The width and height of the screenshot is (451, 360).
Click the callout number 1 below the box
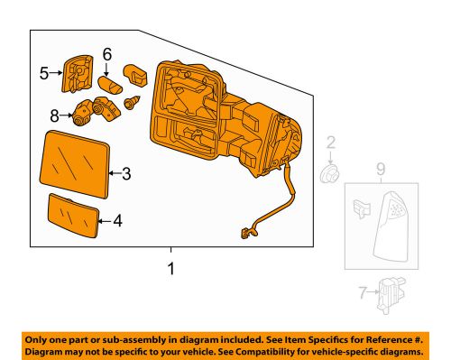coord(170,268)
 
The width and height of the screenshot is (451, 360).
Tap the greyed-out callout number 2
coord(331,143)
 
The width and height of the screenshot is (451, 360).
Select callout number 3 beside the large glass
coord(126,173)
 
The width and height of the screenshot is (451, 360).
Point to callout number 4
coord(118,221)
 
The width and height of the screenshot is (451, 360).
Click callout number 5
coord(44,73)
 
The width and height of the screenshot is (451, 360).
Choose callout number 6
coord(107,54)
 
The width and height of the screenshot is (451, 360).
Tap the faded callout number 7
coord(364,292)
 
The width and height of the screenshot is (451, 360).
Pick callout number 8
coord(54,115)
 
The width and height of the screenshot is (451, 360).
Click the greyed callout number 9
coord(381,170)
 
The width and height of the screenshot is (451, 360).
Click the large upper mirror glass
coord(75,164)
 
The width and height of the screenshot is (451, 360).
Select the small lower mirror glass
coord(74,216)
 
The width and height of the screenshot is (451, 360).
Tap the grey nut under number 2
coord(329,174)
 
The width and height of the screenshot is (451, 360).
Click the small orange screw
coord(132,103)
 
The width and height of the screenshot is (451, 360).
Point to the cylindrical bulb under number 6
coord(110,85)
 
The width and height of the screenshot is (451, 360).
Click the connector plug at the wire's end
coord(246,233)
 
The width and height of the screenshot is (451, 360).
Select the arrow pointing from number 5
coord(56,72)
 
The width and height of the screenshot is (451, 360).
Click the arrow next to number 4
coord(105,221)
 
